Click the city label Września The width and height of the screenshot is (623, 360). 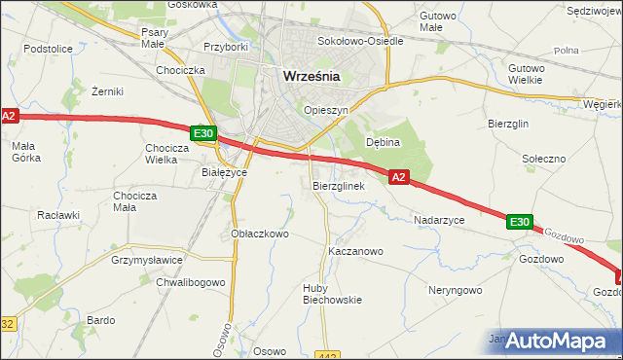point(311,76)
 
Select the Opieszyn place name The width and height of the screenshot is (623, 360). point(325,111)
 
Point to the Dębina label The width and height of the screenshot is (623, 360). point(383,142)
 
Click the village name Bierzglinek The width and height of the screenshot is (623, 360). point(338,185)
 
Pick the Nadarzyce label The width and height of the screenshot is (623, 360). point(439,221)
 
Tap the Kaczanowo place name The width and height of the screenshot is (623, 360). point(355,251)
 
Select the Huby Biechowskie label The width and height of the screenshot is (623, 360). point(332,293)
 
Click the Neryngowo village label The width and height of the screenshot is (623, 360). point(455,290)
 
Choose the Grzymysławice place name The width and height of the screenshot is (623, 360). point(148,261)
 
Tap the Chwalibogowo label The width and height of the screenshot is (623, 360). point(191,282)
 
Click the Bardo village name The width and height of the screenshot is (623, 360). point(101,320)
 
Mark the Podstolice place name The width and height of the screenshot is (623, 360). point(49,48)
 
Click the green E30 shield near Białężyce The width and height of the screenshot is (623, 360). point(202,133)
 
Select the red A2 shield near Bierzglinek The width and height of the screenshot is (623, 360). point(398,177)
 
